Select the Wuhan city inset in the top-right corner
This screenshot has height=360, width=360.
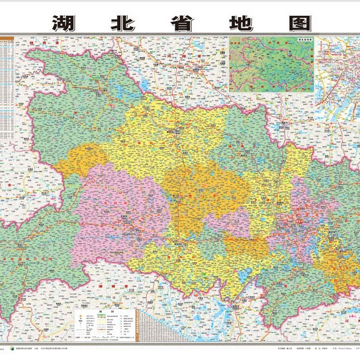click(x=337, y=73)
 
